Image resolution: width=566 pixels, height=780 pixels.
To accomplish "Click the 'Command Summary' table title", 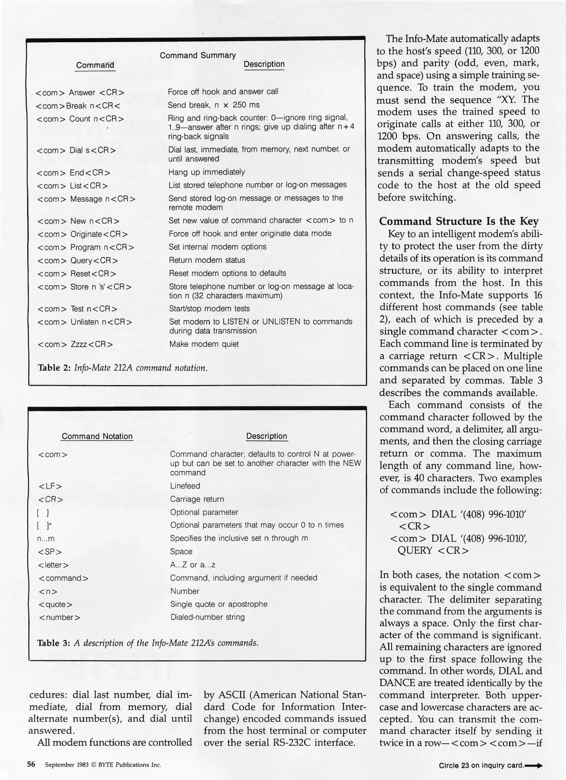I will point(197,55).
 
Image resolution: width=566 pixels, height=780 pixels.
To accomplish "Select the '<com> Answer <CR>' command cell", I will point(80,92).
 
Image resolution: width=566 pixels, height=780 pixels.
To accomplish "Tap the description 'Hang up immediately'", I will point(206,172).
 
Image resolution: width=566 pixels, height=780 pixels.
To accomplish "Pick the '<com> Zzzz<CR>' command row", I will point(75,344).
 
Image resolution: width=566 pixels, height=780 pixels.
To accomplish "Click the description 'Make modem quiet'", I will point(204,344).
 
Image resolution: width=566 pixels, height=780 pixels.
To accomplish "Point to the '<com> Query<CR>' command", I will point(78,260).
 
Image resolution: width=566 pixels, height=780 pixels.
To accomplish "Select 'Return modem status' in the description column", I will point(207,260).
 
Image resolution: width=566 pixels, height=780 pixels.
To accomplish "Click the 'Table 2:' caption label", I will point(54,368).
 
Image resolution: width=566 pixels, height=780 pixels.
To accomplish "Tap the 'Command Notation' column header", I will point(97,436).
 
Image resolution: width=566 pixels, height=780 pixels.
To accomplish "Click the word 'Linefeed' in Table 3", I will point(185,486).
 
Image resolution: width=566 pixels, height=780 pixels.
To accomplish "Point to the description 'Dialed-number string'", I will point(207,617).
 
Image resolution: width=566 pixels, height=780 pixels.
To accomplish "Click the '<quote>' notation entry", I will point(55,604).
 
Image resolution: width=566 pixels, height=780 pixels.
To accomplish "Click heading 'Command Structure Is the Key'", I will point(459,221).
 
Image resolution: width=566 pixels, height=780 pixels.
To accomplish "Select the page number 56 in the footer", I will point(31,764).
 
